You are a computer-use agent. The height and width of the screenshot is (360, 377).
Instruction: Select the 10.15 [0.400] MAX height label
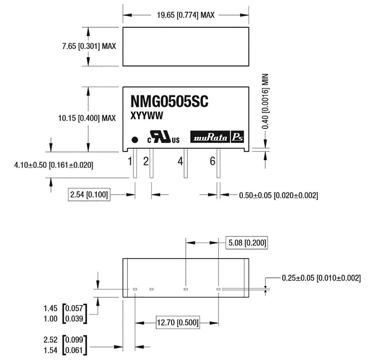pos(87,118)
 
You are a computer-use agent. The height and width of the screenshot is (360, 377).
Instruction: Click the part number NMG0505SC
pos(169,102)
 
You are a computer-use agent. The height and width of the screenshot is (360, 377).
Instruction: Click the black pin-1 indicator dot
pos(135,140)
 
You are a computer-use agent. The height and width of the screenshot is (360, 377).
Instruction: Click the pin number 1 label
pos(130,161)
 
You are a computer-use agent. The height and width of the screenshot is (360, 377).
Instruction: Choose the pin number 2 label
pos(146,161)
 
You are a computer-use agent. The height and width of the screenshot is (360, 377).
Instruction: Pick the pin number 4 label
pos(180,161)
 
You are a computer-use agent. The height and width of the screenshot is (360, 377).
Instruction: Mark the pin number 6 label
pos(212,161)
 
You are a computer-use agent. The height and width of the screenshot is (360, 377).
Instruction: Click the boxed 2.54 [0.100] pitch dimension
pos(89,194)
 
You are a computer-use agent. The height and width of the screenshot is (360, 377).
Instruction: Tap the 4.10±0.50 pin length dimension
pos(53,165)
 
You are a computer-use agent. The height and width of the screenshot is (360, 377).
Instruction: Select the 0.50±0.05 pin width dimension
pos(278,195)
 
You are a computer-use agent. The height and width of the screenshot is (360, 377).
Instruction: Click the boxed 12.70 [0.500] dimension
pos(178,324)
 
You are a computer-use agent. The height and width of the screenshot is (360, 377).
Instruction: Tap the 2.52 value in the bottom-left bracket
pos(50,339)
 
